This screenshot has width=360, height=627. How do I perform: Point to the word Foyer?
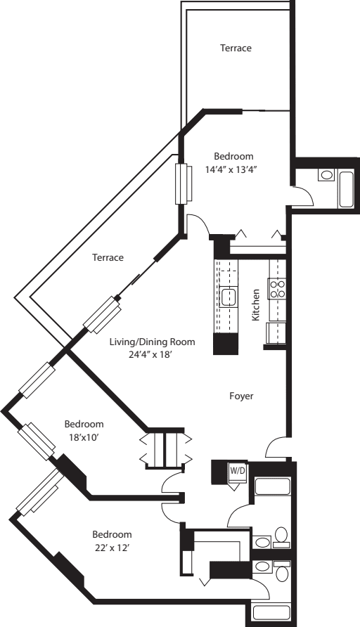pos(241,396)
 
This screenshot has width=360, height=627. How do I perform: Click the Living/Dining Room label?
pos(151,342)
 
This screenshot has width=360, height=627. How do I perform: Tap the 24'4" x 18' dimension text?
pos(151,355)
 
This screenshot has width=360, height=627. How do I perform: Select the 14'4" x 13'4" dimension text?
pos(233,169)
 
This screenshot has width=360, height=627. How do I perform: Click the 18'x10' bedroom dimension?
pos(84,437)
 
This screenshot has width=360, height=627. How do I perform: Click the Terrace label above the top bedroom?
pos(236,49)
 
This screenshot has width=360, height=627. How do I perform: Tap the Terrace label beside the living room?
pos(108,258)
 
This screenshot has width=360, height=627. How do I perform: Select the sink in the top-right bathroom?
pos(326,175)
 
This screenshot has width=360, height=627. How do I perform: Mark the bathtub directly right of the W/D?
pos(270,487)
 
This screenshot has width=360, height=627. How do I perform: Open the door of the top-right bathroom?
pos(302,197)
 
